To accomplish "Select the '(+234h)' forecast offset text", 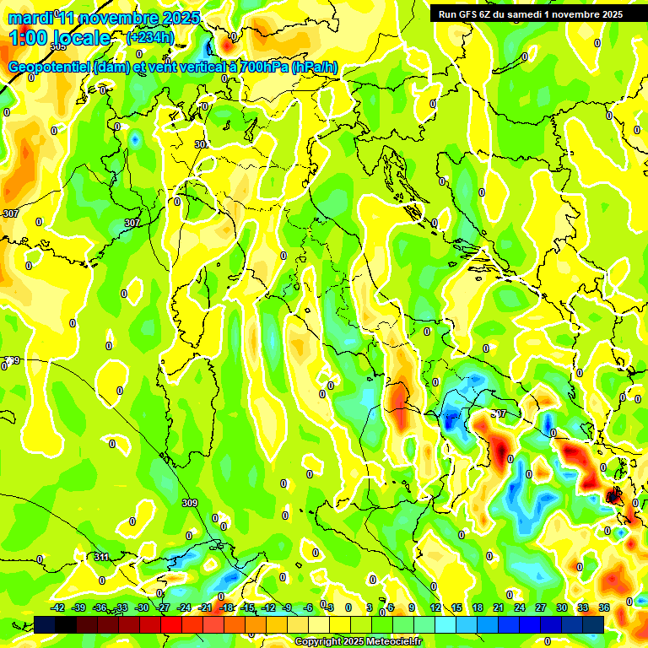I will click(150, 37).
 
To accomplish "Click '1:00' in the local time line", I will click(29, 38).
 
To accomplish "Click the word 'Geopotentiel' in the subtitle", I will click(50, 67).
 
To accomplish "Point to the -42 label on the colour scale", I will click(57, 607).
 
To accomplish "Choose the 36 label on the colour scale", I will click(604, 607).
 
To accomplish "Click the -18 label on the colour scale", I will click(226, 607).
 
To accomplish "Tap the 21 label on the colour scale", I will click(499, 607).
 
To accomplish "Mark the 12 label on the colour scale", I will click(435, 607).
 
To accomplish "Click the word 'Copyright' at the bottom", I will click(318, 642).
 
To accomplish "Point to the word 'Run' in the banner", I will click(448, 14).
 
